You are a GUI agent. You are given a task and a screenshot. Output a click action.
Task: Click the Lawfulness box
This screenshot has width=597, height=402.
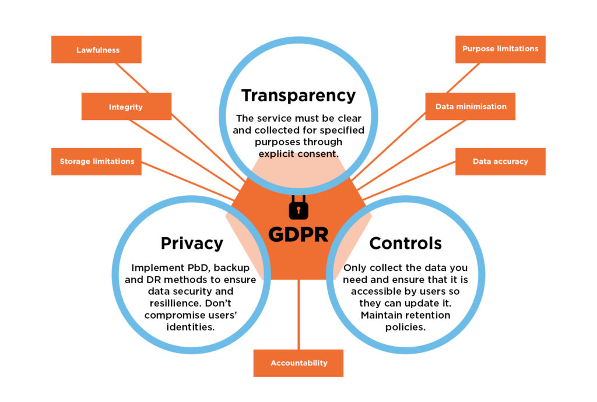[x=96, y=50]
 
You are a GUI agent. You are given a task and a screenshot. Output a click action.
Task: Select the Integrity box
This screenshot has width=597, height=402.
[x=126, y=107]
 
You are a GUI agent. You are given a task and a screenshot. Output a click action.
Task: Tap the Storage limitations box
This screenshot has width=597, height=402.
[x=97, y=161]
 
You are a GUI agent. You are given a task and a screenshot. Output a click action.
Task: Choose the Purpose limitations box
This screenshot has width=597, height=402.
[x=500, y=49]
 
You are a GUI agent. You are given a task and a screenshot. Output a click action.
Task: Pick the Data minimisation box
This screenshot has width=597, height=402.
[x=470, y=107]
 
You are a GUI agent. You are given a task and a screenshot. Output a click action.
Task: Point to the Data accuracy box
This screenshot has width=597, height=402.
[x=500, y=161]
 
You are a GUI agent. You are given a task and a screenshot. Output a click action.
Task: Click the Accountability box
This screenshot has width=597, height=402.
[x=298, y=363]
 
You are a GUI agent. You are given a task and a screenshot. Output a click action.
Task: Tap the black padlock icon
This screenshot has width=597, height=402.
[x=298, y=207]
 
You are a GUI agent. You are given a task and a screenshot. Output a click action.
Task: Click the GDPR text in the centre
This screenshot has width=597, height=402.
[x=298, y=234]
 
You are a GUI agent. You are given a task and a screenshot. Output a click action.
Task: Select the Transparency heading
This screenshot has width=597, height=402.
[x=298, y=95]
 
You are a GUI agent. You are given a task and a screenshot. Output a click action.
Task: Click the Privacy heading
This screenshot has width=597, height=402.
[x=192, y=243]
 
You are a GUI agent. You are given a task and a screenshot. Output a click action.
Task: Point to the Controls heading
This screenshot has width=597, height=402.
[x=405, y=243]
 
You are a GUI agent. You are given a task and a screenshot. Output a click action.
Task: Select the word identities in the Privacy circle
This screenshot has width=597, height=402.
[x=192, y=327]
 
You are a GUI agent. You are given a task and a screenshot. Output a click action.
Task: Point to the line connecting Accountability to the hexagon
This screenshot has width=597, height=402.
[x=298, y=315]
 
